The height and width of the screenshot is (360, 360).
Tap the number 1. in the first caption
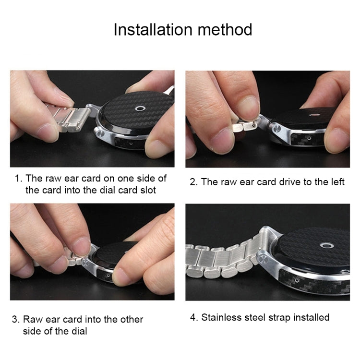[19, 179]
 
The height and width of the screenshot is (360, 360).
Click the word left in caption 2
[336, 182]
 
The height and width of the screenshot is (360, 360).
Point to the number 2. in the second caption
[193, 182]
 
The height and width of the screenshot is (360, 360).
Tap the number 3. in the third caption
[16, 319]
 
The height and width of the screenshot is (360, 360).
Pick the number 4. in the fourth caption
[194, 317]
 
